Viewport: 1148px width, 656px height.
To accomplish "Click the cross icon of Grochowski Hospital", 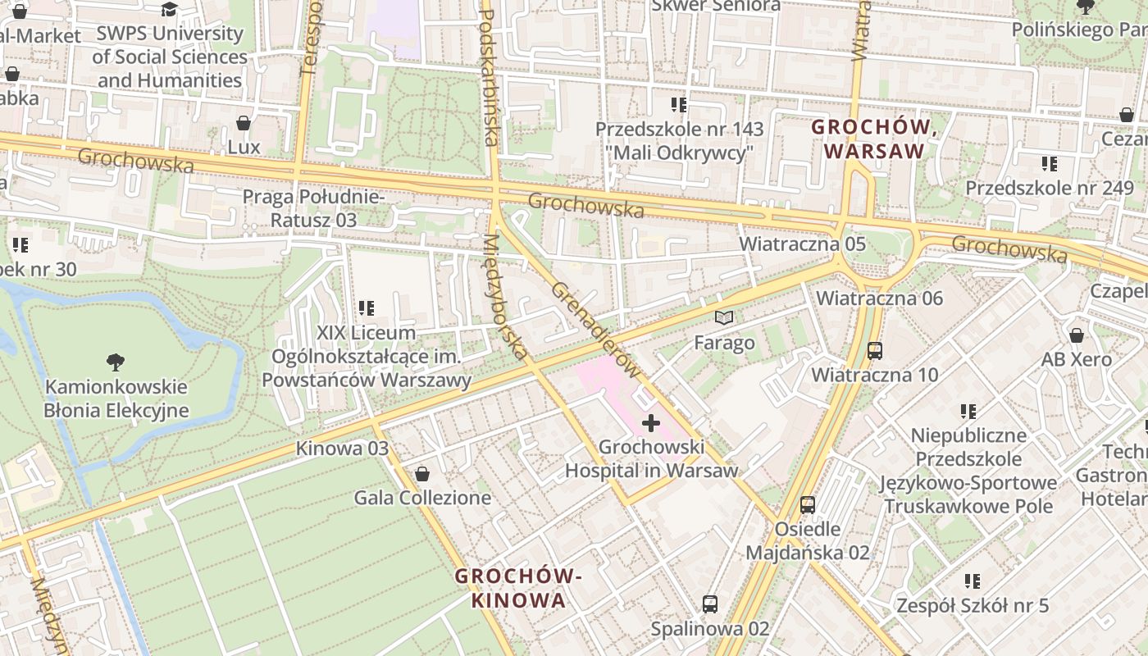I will click(x=651, y=423).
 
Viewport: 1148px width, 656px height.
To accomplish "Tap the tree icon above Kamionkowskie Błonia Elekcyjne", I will click(x=116, y=362).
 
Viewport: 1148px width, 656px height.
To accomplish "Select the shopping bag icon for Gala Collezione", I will click(x=422, y=474).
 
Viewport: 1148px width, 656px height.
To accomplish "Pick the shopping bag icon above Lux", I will click(x=244, y=124).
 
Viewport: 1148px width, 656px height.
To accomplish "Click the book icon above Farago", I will click(x=723, y=317).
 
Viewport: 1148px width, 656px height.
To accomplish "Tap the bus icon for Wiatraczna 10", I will click(x=874, y=351).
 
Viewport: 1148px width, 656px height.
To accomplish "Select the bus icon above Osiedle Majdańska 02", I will click(x=808, y=504).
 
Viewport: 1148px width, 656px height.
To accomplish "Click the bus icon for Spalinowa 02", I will click(x=710, y=604).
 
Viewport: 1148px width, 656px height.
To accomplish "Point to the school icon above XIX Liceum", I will click(x=366, y=309).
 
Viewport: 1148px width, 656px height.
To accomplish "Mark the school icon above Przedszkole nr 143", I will click(x=678, y=105).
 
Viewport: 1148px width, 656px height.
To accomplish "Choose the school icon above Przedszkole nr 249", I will click(x=1049, y=164).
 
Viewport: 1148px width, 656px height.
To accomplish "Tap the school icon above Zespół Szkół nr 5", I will click(x=973, y=581).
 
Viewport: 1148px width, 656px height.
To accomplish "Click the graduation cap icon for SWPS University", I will click(x=169, y=9).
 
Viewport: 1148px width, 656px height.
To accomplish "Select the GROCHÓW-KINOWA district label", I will click(x=518, y=588).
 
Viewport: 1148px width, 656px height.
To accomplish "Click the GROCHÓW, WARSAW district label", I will click(x=874, y=139).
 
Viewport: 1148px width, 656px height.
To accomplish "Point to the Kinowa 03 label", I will click(x=342, y=449).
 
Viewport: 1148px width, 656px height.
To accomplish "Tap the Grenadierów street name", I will click(x=594, y=330).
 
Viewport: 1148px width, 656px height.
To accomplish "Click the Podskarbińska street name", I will click(x=489, y=78).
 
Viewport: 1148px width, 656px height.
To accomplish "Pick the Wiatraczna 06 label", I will click(x=879, y=298).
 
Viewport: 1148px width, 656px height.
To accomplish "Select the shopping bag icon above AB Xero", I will click(x=1077, y=335).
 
